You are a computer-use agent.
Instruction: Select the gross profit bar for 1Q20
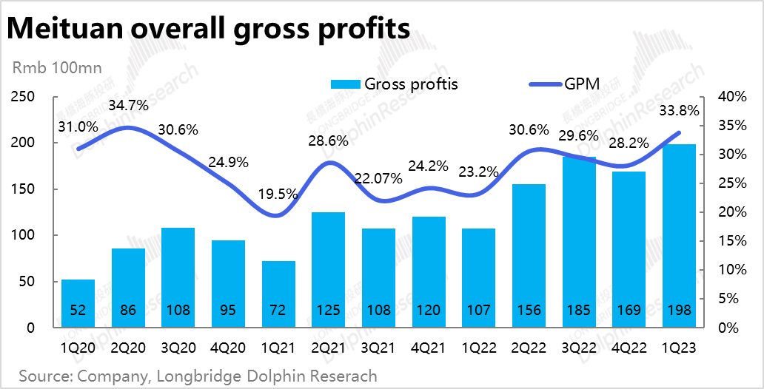pos(77,303)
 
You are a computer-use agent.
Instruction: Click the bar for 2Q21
pos(327,270)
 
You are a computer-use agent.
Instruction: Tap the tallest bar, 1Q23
pos(679,237)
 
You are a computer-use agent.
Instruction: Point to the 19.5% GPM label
pos(279,194)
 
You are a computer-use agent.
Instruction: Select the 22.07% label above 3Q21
pos(377,178)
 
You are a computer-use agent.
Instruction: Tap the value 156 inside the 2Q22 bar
pos(529,311)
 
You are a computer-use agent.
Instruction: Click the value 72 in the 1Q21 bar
pos(278,311)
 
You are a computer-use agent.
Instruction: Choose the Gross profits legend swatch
pos(345,84)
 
